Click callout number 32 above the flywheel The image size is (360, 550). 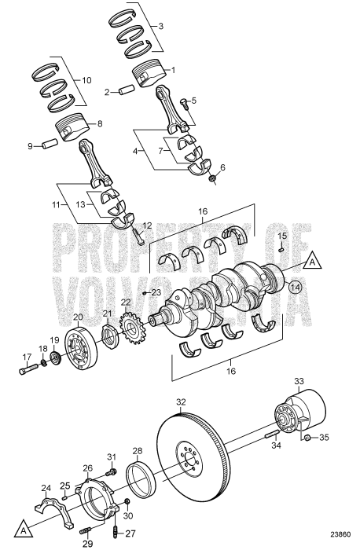click(182, 401)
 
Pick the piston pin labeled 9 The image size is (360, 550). click(50, 145)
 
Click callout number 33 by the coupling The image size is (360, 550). click(299, 382)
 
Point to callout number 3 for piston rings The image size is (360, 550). click(160, 27)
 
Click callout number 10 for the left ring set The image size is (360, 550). click(86, 80)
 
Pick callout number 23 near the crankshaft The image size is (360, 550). click(156, 292)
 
